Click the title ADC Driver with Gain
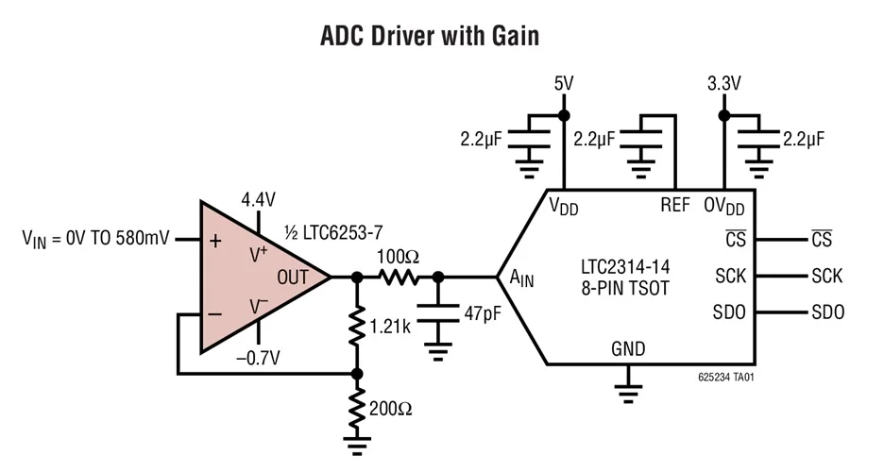[430, 37]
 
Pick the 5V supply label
[563, 84]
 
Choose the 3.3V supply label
[723, 84]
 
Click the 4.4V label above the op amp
[258, 199]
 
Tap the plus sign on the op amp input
[215, 241]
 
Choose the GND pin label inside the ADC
[627, 349]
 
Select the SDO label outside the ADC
[827, 312]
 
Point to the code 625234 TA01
[724, 377]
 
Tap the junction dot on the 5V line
[563, 115]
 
